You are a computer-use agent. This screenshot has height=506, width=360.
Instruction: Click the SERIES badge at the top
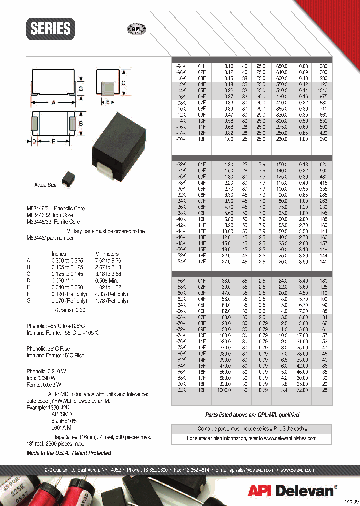point(51,28)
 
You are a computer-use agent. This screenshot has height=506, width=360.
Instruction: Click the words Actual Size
point(45,185)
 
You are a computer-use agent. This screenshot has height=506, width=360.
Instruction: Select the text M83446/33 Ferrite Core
point(53,221)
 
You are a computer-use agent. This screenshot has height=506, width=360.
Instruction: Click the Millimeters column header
point(107,254)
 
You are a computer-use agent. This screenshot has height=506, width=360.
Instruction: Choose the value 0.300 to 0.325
point(65,261)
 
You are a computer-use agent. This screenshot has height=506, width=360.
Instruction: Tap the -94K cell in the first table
point(178,66)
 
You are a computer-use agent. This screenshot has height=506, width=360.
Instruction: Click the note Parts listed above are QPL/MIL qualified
point(252,415)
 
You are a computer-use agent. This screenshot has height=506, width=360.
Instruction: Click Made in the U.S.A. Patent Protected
point(69,453)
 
